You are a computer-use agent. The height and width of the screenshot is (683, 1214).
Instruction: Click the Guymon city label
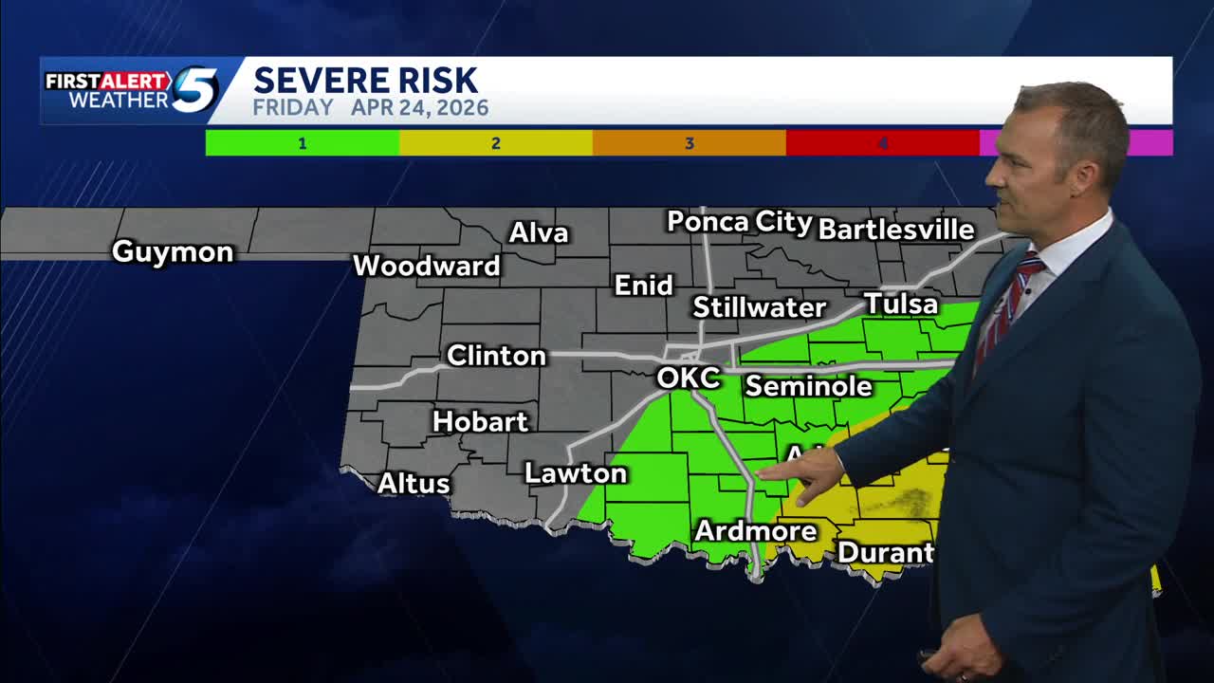click(x=173, y=252)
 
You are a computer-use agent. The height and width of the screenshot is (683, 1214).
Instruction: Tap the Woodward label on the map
click(x=426, y=266)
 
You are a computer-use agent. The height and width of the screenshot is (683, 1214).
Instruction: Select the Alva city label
click(x=539, y=233)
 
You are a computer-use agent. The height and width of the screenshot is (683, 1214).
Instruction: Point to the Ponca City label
click(x=739, y=223)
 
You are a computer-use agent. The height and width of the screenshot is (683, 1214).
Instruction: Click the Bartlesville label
click(x=895, y=230)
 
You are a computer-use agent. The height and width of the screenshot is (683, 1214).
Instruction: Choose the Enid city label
click(x=644, y=286)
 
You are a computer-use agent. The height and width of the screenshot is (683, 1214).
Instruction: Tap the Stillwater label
click(x=759, y=307)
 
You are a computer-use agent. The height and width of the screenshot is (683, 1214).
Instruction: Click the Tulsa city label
click(x=900, y=305)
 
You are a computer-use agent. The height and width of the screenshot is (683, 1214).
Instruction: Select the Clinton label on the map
click(x=496, y=356)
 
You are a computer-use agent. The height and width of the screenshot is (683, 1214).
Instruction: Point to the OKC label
click(x=688, y=378)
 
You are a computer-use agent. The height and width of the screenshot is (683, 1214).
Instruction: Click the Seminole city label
click(x=808, y=386)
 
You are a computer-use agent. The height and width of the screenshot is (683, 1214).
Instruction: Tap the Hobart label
click(x=480, y=421)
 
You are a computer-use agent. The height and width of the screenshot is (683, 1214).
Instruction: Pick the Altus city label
click(x=414, y=484)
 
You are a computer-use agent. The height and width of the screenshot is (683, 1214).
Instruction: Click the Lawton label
click(x=576, y=473)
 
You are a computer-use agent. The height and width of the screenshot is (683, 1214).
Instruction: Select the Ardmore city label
click(x=755, y=531)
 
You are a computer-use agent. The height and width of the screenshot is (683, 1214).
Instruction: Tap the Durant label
click(x=885, y=552)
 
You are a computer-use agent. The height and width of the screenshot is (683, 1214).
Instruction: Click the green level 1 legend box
click(x=302, y=143)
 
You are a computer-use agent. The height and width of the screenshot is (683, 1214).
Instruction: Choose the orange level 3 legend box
click(x=689, y=143)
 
